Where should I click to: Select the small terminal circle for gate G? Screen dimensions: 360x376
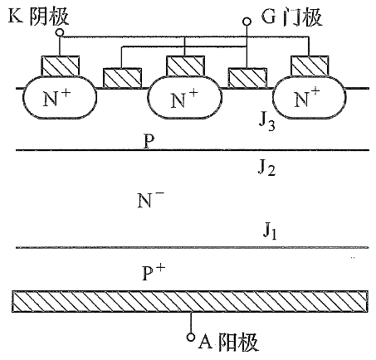click(247, 23)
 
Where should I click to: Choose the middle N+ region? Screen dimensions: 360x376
click(184, 100)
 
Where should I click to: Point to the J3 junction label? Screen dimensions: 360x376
click(266, 126)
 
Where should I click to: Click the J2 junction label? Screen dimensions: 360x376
click(266, 170)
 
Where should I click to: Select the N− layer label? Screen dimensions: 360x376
click(150, 200)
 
